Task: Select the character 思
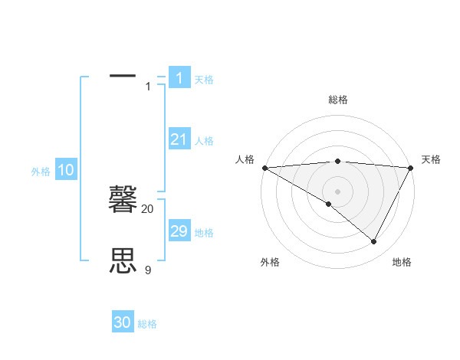[x=123, y=261]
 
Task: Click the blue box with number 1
[x=179, y=77]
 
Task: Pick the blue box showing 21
[x=179, y=139]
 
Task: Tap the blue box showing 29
[x=179, y=231]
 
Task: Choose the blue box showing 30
[x=123, y=322]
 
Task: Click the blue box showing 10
[x=66, y=170]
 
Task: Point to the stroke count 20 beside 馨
[x=148, y=208]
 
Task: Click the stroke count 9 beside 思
[x=148, y=270]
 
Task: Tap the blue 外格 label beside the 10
[x=41, y=172]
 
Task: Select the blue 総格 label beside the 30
[x=147, y=324]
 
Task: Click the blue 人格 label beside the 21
[x=204, y=141]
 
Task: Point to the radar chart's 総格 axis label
[x=337, y=100]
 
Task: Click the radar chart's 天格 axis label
[x=431, y=159]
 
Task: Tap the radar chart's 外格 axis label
[x=270, y=262]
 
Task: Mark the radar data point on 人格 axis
[x=264, y=167]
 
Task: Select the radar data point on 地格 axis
[x=374, y=242]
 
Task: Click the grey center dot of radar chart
[x=337, y=191]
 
